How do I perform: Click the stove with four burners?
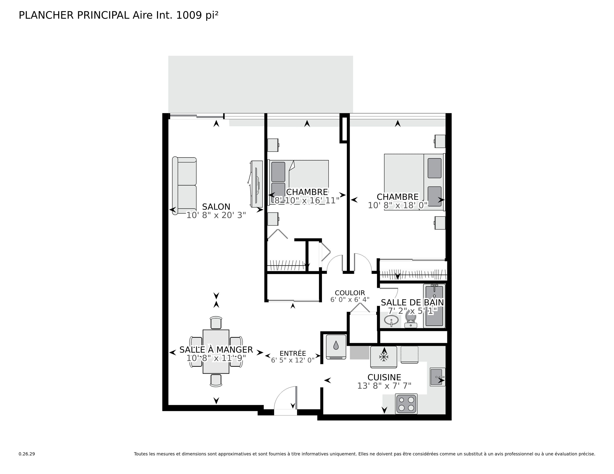pyautogui.click(x=406, y=404)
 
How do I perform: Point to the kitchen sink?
pyautogui.click(x=437, y=377)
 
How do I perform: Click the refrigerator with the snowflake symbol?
pyautogui.click(x=383, y=357)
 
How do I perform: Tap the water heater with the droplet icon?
pyautogui.click(x=336, y=347)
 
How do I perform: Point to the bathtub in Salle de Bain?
pyautogui.click(x=434, y=306)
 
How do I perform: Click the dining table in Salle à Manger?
pyautogui.click(x=216, y=352)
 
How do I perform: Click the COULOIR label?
pyautogui.click(x=350, y=293)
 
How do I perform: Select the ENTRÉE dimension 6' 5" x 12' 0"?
pyautogui.click(x=293, y=360)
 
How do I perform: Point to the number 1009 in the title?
pyautogui.click(x=189, y=15)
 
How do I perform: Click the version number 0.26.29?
pyautogui.click(x=27, y=454)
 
